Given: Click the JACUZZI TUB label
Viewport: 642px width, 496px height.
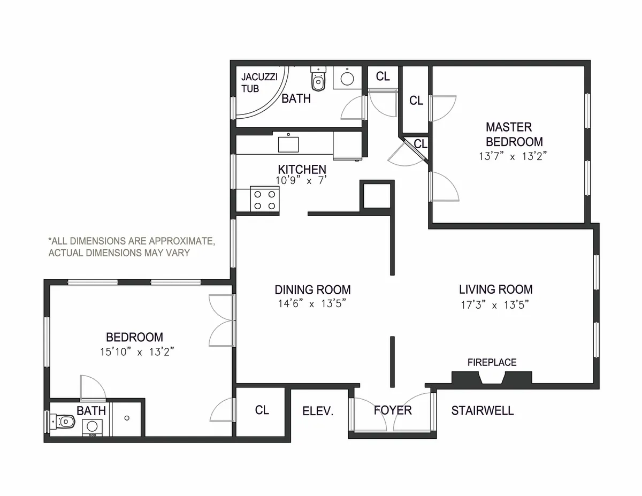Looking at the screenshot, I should point(255,83).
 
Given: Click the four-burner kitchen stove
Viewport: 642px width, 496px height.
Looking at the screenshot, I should point(264,200).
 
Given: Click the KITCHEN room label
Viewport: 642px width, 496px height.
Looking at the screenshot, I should point(302,169).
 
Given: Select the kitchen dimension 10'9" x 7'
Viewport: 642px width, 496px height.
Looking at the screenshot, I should point(301,181).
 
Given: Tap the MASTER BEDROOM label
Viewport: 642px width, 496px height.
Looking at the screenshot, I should point(514,134).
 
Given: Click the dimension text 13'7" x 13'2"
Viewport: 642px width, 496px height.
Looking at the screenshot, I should point(513,157).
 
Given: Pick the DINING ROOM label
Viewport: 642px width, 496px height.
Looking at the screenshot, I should point(312,290).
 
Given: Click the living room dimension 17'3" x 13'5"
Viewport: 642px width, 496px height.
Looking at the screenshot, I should point(495,305).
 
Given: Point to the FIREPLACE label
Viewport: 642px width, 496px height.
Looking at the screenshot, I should point(492,362).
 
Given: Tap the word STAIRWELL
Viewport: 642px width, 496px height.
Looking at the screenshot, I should point(482,410).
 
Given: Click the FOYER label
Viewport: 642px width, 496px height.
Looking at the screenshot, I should point(393,410).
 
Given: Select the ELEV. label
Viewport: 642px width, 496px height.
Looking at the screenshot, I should point(318,411).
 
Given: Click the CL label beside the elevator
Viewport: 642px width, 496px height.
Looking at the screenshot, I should point(262,410).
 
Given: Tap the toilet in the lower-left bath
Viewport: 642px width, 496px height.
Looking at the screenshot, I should point(63,421).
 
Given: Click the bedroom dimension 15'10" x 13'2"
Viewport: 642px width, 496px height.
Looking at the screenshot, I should point(134,352).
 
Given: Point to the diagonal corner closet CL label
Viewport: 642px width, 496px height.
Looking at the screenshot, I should point(421,144).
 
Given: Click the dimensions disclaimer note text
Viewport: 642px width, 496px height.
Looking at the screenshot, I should point(132,247).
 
